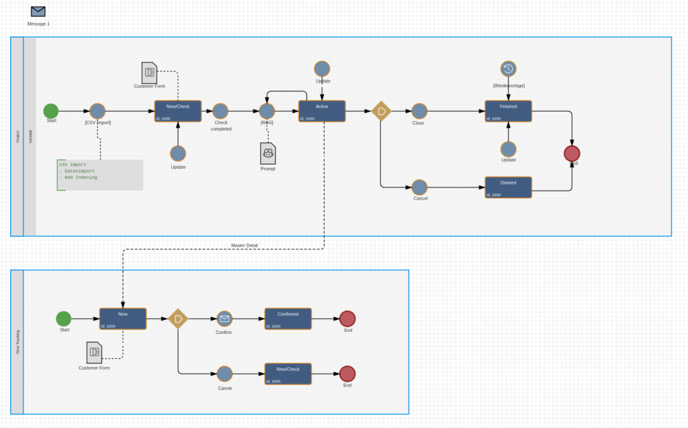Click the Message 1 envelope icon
click(38, 11)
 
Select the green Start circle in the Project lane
click(51, 111)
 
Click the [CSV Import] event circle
click(97, 111)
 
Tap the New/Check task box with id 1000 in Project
click(177, 111)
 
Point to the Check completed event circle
click(220, 111)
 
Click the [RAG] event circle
click(267, 111)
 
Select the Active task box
click(322, 111)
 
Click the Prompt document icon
click(268, 153)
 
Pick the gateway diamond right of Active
click(381, 111)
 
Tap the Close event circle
click(419, 111)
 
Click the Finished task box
click(508, 111)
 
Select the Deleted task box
click(508, 187)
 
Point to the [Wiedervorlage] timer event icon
click(509, 69)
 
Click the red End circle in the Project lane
click(572, 153)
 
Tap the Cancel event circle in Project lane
click(419, 187)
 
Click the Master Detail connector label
click(244, 245)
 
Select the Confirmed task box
click(288, 319)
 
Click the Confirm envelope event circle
click(224, 318)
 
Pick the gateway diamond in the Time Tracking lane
click(178, 318)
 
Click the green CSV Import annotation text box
click(99, 175)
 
